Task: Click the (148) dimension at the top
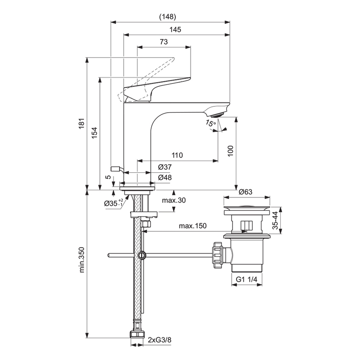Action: (167, 17)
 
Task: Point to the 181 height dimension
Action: (82, 123)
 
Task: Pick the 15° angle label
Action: (210, 123)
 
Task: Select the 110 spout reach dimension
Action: (177, 155)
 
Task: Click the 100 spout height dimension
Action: (230, 151)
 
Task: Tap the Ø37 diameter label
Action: (165, 168)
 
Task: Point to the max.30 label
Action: (174, 200)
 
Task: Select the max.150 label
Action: (192, 226)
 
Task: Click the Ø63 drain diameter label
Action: (246, 192)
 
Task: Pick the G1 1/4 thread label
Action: (246, 279)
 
